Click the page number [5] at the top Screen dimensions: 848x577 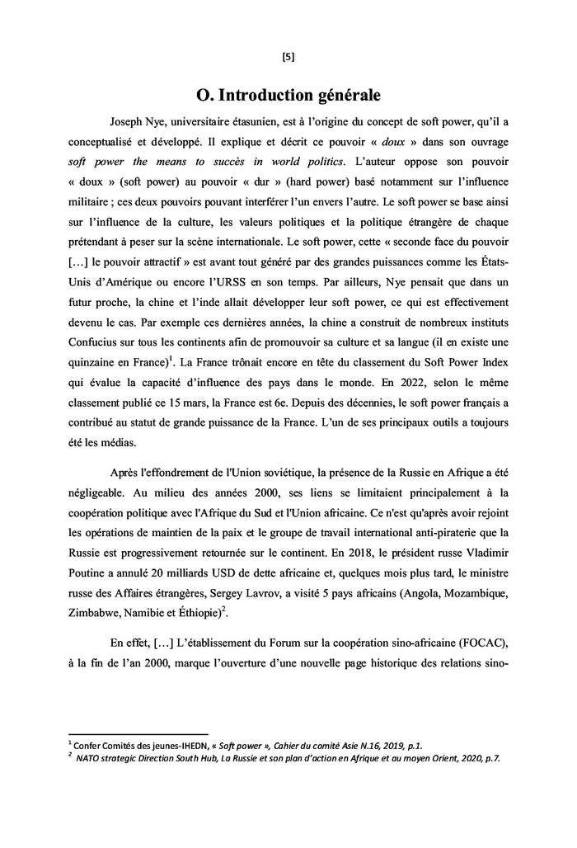288,57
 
